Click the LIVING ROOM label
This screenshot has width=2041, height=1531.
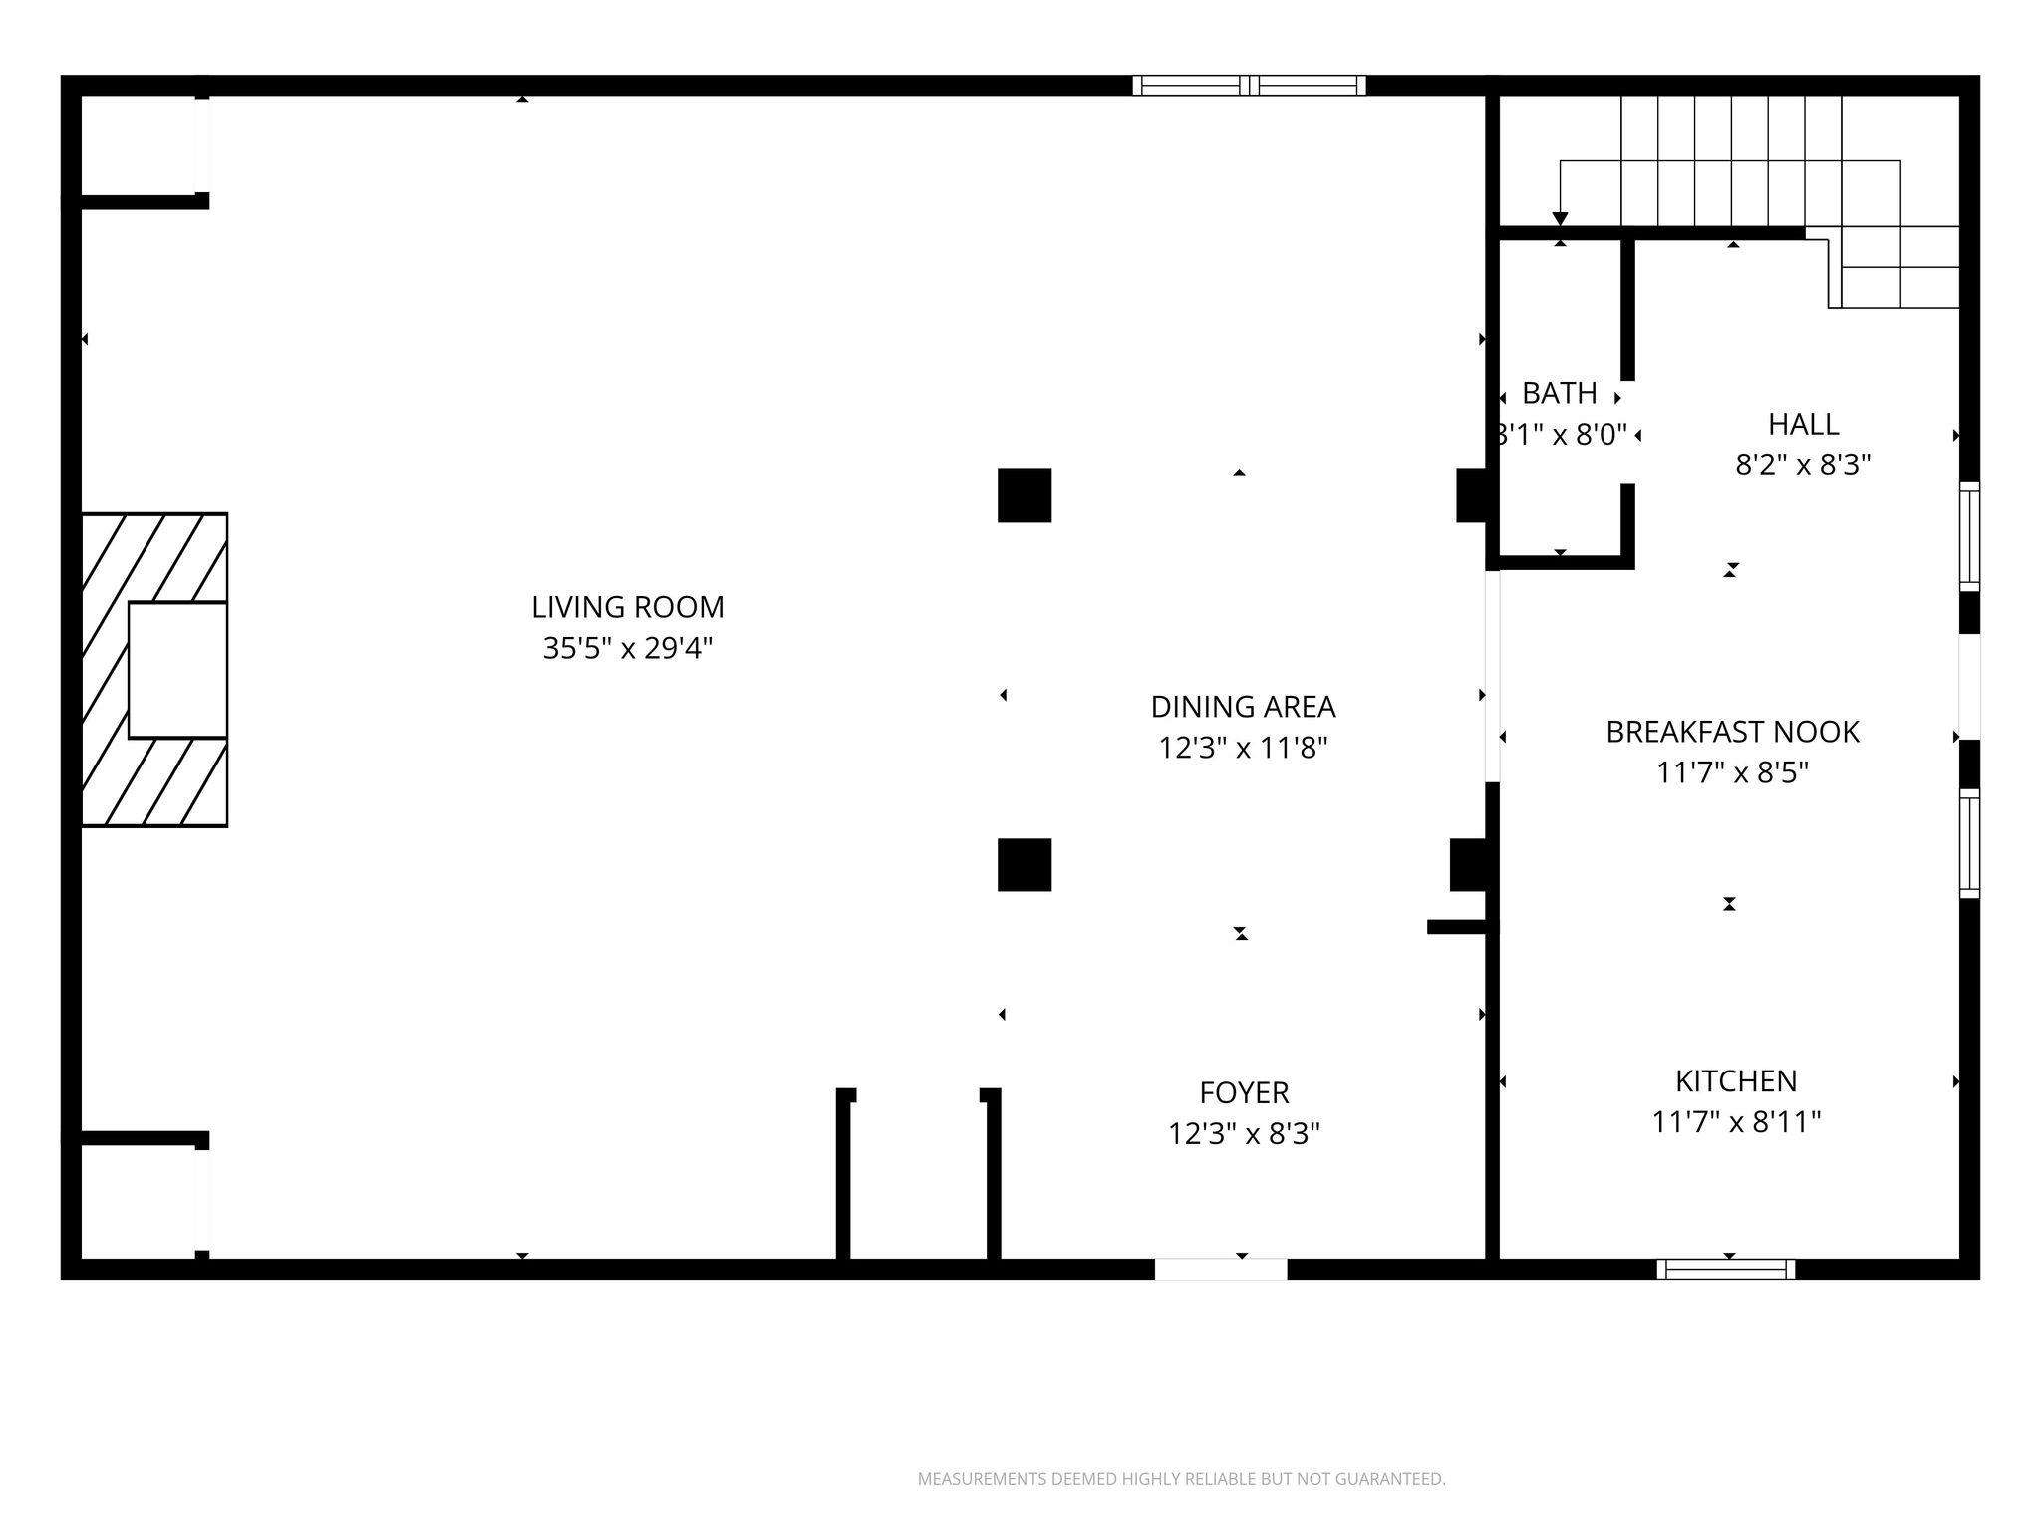[628, 607]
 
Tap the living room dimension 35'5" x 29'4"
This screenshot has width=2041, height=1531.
[628, 649]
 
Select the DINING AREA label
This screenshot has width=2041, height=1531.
[1243, 707]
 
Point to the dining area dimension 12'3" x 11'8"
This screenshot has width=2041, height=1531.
[1243, 748]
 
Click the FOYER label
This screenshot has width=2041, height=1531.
[1244, 1093]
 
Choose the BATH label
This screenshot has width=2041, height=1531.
[1560, 394]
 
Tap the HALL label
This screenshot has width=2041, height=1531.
[1803, 425]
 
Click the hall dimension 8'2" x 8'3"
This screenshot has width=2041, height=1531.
[1803, 465]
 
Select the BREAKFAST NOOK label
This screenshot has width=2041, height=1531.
[1732, 733]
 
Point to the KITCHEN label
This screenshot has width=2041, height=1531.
[1736, 1081]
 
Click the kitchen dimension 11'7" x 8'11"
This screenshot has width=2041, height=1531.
[1736, 1123]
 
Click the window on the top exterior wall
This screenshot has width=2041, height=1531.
[1249, 86]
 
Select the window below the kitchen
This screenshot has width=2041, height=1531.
[1726, 1269]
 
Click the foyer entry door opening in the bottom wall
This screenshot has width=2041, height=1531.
[1221, 1269]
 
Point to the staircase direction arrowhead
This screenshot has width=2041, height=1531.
[1561, 219]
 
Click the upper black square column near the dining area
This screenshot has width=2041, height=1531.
[1024, 495]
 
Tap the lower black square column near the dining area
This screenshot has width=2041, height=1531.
[1024, 865]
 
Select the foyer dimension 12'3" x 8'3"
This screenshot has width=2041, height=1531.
[1244, 1134]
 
